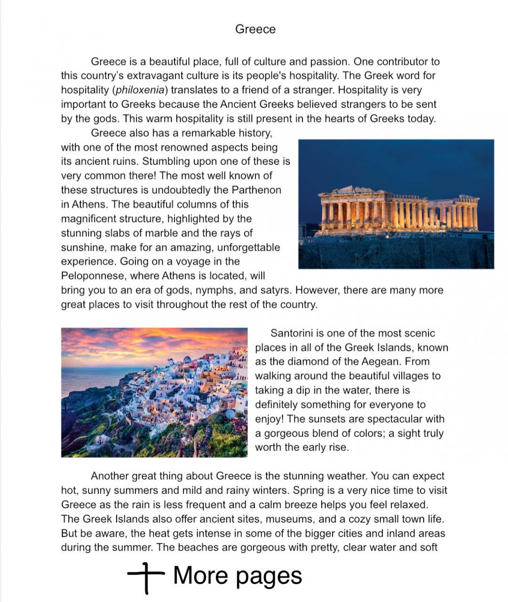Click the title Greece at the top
[x=255, y=29]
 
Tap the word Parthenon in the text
[x=256, y=190]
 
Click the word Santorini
[x=291, y=333]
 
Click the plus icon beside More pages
[x=146, y=576]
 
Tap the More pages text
[x=238, y=576]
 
